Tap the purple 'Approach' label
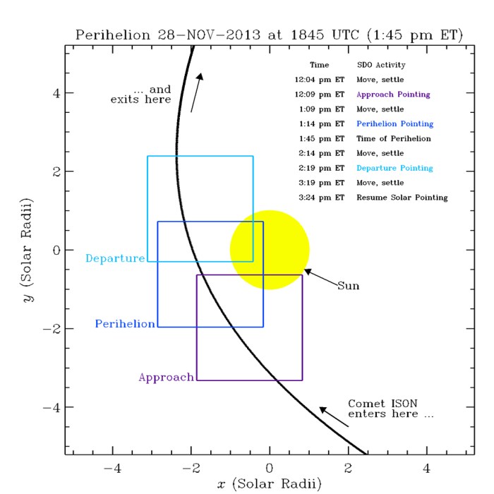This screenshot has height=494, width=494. point(166,378)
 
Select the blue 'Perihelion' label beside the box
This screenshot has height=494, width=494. point(125,324)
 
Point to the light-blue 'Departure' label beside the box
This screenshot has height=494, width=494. point(115,258)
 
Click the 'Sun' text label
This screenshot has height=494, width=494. point(348,286)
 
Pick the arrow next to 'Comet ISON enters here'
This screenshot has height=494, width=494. point(333,416)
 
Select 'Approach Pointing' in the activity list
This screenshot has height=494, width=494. point(393,94)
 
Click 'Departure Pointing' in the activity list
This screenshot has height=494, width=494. point(394,168)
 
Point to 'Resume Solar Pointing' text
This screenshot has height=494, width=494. point(402,198)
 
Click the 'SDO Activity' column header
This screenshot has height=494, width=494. point(380,64)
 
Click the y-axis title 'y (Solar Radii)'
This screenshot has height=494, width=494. point(26,249)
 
